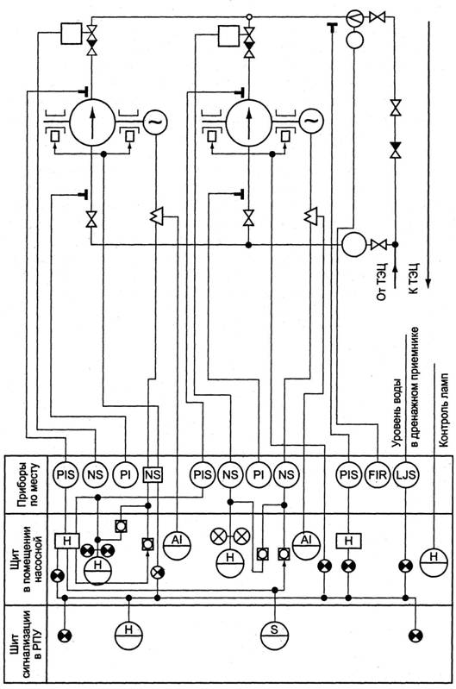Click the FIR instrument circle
click(x=378, y=474)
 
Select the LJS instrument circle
click(x=405, y=474)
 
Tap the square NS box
click(x=153, y=474)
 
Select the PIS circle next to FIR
click(x=349, y=474)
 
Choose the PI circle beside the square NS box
click(x=125, y=474)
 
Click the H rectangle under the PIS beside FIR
click(x=349, y=541)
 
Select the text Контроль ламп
click(x=444, y=410)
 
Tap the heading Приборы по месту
click(x=29, y=484)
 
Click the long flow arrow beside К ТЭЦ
click(x=428, y=153)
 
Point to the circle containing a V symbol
click(x=354, y=18)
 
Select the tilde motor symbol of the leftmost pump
click(x=155, y=121)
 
